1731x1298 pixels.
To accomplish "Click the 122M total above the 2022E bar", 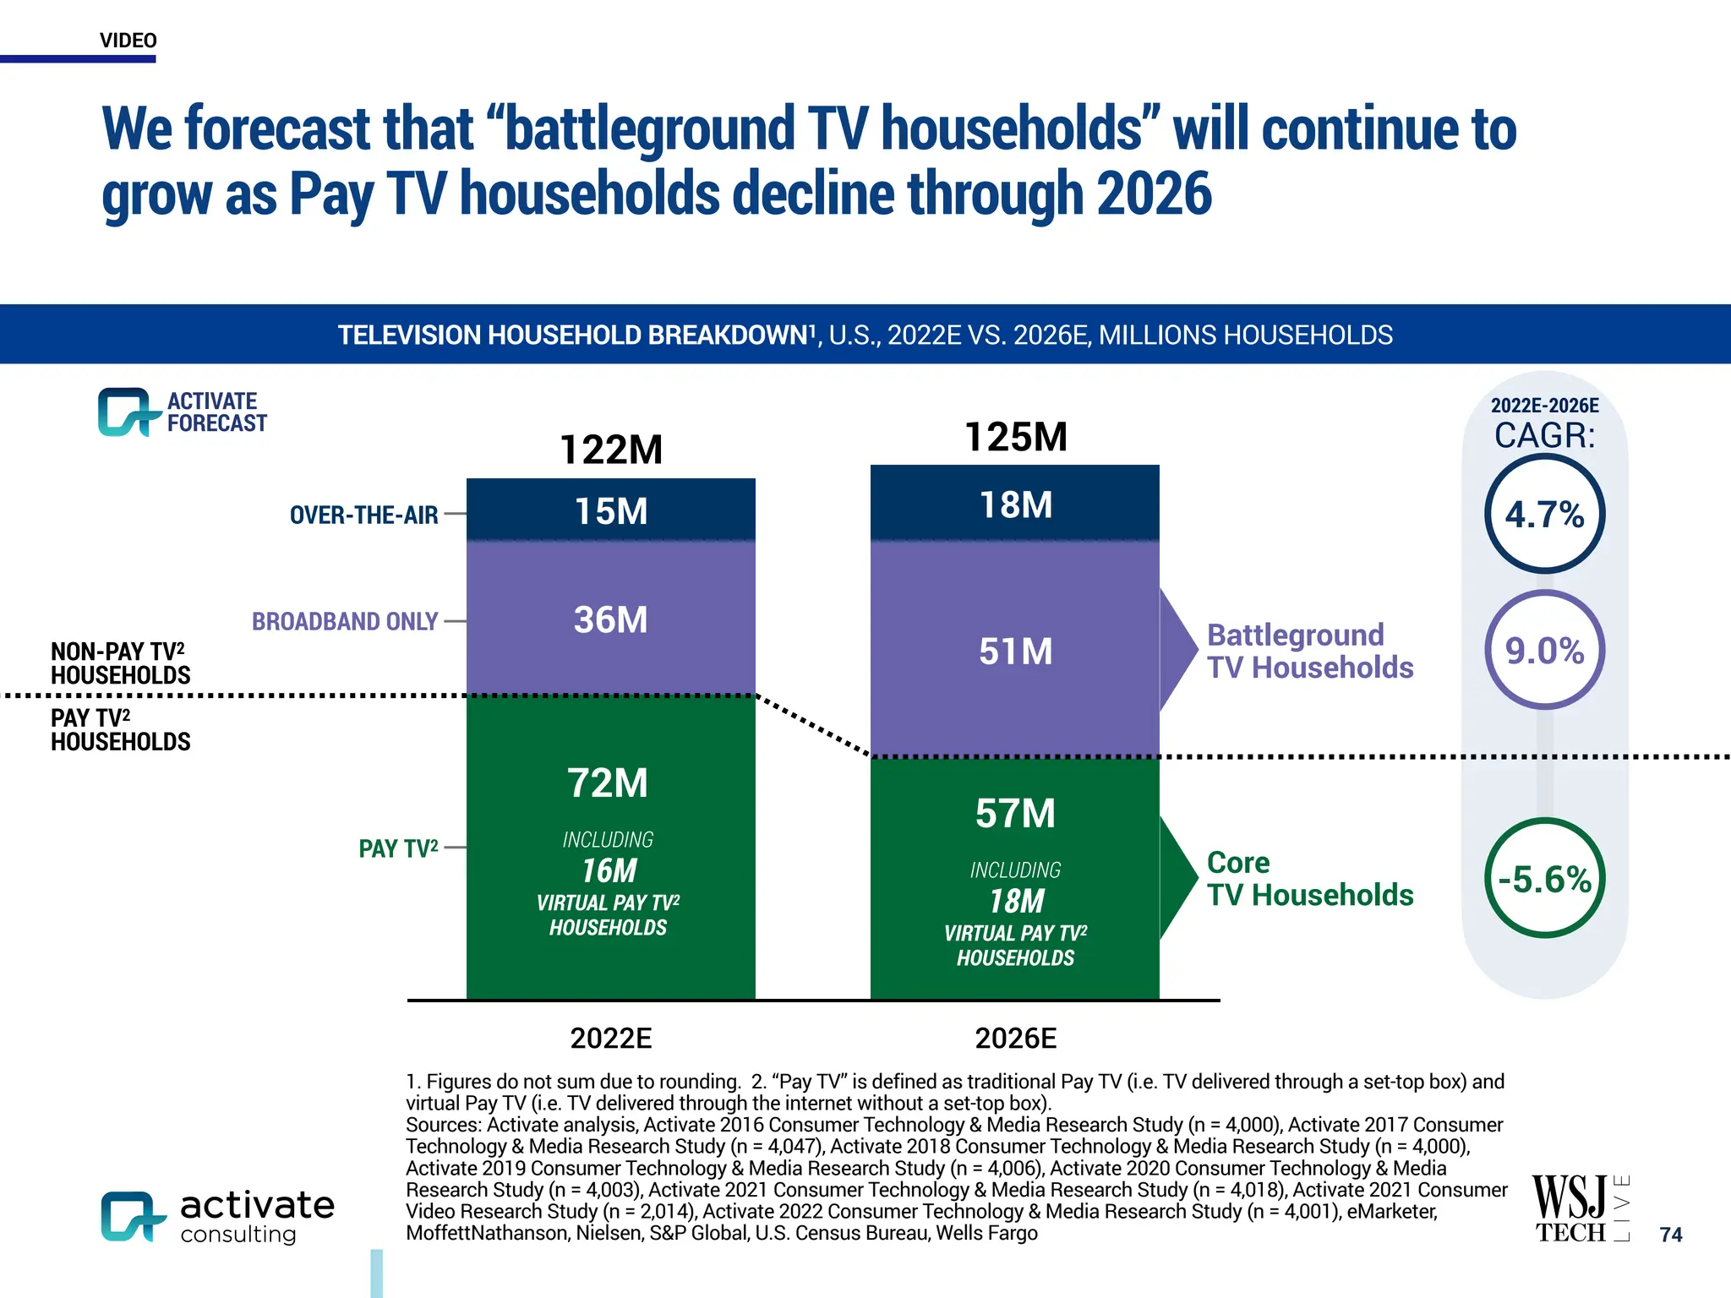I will point(611,450).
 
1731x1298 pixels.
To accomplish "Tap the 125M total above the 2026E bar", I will point(1015,437).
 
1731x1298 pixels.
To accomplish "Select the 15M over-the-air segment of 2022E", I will point(611,511).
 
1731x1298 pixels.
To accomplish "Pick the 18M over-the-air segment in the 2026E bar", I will point(1015,504).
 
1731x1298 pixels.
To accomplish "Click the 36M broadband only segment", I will point(611,619).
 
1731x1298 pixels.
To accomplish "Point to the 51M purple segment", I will point(1015,652).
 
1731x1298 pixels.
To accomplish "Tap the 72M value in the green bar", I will point(608,783).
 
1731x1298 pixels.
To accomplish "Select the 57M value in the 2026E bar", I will point(1015,813).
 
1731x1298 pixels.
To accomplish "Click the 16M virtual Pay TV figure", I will point(609,871).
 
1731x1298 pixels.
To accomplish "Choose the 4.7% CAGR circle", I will point(1544,514).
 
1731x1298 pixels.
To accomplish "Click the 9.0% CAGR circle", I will point(1544,650).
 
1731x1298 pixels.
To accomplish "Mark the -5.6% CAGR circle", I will point(1544,879).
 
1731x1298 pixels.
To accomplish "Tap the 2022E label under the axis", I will point(611,1038).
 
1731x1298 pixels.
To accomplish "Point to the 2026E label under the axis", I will point(1015,1038).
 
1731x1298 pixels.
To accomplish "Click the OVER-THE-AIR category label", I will point(363,515).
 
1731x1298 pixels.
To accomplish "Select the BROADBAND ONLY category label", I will point(345,621).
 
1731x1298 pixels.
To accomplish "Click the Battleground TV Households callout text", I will point(1309,651).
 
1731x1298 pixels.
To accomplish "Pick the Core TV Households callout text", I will point(1309,879).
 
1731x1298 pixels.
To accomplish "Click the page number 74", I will point(1670,1235).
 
